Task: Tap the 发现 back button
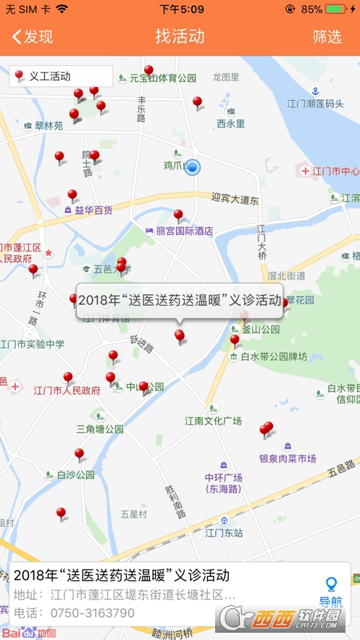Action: point(33,37)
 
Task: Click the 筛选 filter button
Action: point(327,37)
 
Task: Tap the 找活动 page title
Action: point(180,37)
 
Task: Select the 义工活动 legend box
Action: point(61,76)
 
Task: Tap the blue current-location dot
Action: point(192,167)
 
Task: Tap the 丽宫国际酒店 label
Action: point(184,231)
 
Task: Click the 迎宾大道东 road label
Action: point(235,199)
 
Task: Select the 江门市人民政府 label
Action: point(67,391)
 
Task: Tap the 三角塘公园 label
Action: point(100,429)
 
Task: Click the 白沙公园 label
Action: point(75,475)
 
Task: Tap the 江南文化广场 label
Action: point(213,420)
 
